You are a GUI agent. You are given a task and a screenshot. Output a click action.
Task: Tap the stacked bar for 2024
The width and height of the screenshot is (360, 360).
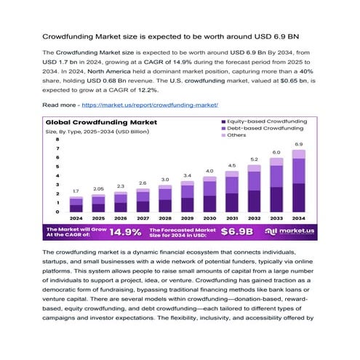click(76, 204)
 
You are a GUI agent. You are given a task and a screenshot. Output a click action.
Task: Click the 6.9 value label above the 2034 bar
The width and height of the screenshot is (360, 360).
click(299, 145)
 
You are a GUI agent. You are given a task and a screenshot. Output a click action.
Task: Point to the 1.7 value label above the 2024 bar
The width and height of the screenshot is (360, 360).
click(76, 191)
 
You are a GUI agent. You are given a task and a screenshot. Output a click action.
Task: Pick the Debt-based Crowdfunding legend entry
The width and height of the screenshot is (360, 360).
click(262, 128)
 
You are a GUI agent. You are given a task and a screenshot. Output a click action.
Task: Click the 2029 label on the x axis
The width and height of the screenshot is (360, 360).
click(188, 218)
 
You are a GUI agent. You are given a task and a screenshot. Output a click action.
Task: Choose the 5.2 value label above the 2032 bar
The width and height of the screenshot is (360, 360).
click(255, 159)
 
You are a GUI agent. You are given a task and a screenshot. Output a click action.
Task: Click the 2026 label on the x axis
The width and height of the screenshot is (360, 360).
click(121, 218)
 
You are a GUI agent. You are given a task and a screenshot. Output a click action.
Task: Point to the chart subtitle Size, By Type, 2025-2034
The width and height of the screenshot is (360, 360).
click(94, 132)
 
